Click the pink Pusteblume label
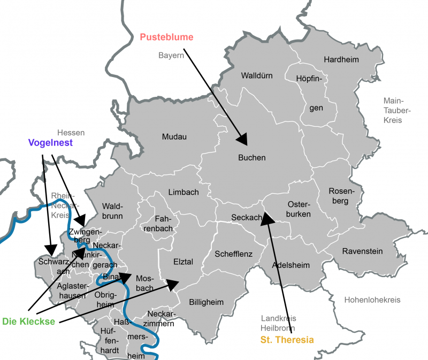click(x=166, y=37)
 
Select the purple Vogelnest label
click(x=50, y=143)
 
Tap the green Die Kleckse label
click(x=29, y=321)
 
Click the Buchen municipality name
click(x=251, y=158)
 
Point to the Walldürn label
click(x=261, y=75)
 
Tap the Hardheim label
click(x=341, y=59)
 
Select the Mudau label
click(x=174, y=137)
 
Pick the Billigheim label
click(x=206, y=302)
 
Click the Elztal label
click(x=183, y=262)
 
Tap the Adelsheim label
click(x=291, y=265)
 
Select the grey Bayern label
click(x=171, y=55)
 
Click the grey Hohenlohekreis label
click(x=372, y=300)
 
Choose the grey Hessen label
click(x=71, y=132)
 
